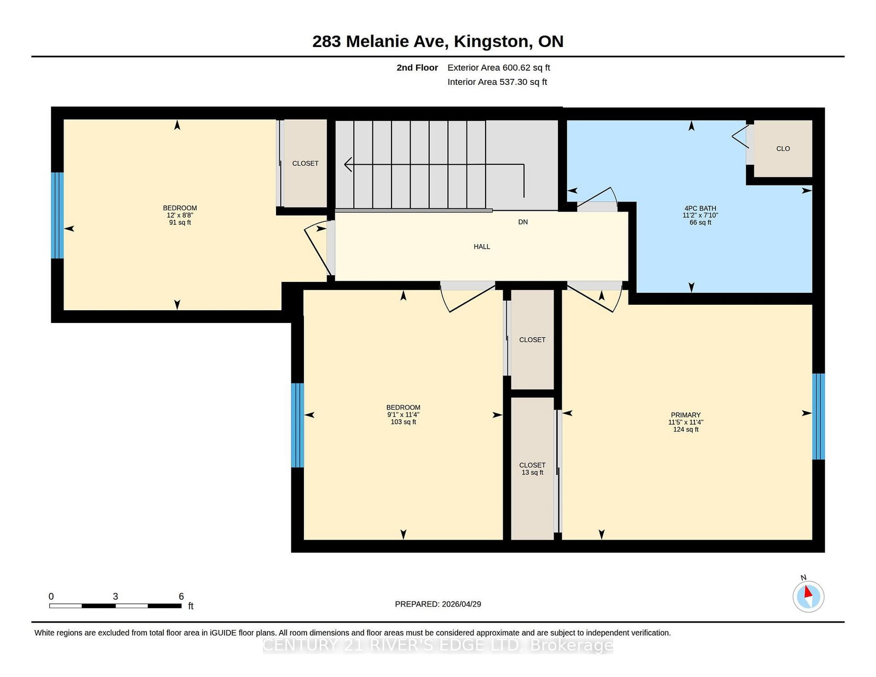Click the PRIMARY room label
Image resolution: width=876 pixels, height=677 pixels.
(685, 415)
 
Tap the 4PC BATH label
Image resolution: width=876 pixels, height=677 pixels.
(700, 209)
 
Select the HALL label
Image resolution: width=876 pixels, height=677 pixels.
(482, 247)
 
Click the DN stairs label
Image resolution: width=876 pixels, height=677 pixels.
(523, 222)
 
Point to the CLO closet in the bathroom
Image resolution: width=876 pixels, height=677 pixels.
(783, 149)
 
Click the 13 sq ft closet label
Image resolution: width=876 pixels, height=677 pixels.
(532, 472)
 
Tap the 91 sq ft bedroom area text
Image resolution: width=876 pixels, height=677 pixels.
(180, 222)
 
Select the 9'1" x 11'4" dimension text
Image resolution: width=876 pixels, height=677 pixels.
(403, 415)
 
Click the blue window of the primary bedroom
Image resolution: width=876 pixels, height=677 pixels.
(818, 416)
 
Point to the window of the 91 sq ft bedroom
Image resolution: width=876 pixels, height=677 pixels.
(57, 215)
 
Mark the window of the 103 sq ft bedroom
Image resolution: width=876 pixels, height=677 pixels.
(297, 425)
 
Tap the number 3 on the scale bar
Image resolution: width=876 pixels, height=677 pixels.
(116, 597)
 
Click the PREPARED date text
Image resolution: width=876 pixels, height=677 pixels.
(438, 604)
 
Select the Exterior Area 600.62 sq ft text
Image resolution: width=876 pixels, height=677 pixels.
(499, 68)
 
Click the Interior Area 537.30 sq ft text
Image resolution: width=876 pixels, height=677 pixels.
(497, 82)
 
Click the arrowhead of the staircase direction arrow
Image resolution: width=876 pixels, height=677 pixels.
(348, 164)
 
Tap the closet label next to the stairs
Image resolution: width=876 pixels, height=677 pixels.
(305, 163)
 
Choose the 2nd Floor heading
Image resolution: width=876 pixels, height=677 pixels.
(417, 68)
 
